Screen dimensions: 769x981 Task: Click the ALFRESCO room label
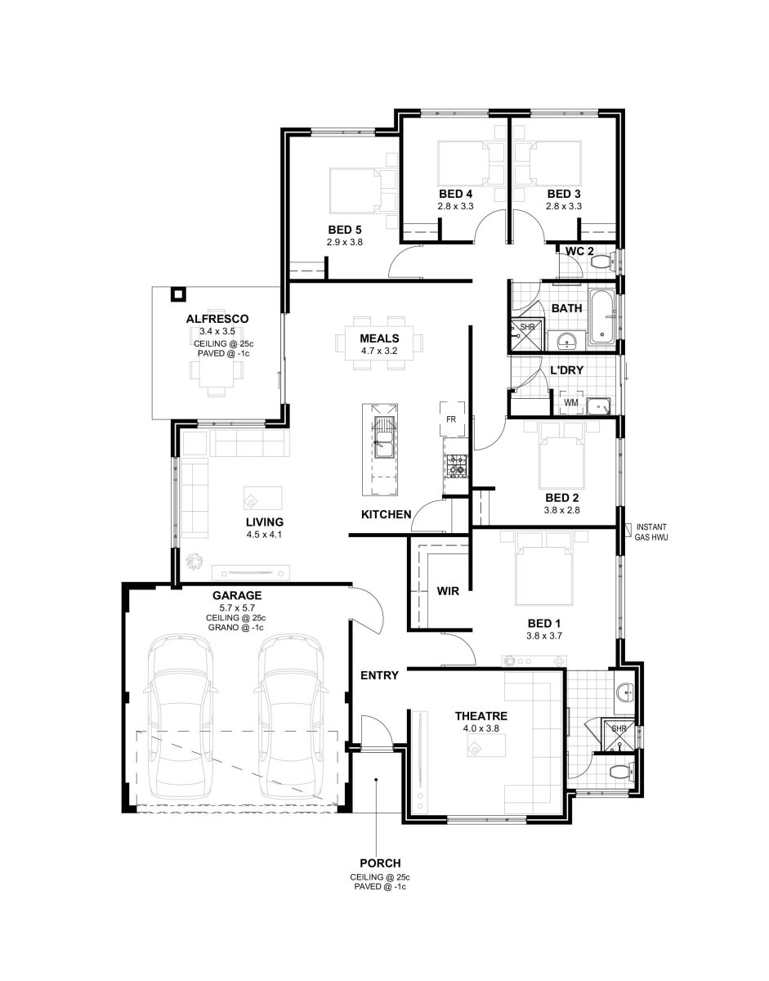click(x=217, y=319)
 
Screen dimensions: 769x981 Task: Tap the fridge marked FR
click(x=452, y=419)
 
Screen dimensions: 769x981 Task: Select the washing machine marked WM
click(x=571, y=402)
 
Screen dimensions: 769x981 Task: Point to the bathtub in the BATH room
click(x=602, y=317)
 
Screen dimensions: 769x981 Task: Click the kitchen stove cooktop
click(x=456, y=465)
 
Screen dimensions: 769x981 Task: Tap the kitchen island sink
click(x=384, y=444)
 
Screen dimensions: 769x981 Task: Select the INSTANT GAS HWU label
click(x=651, y=532)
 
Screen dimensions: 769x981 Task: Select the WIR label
click(x=448, y=590)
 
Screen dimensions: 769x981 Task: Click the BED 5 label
click(x=345, y=230)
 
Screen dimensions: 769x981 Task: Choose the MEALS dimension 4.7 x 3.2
click(x=379, y=351)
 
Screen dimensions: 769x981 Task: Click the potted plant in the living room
click(x=195, y=561)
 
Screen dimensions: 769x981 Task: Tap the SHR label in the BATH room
click(x=527, y=326)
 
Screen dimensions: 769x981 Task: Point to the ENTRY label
click(x=379, y=675)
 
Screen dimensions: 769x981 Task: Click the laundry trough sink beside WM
click(x=599, y=405)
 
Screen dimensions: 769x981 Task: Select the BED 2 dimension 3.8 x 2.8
click(x=562, y=510)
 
